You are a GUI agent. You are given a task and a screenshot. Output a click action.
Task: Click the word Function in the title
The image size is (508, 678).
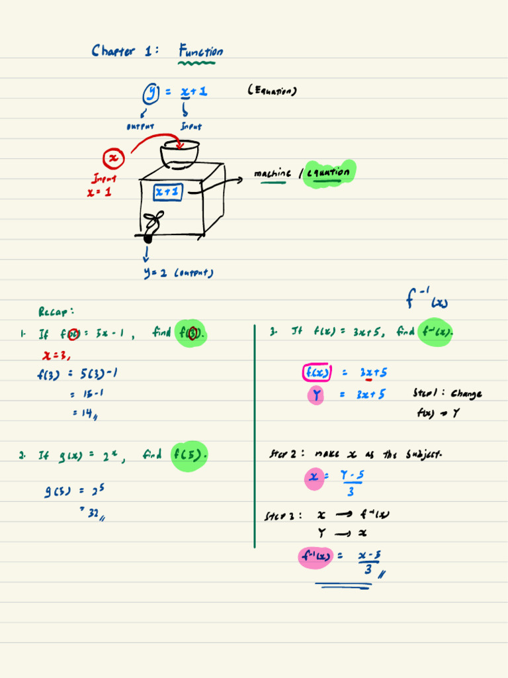point(200,51)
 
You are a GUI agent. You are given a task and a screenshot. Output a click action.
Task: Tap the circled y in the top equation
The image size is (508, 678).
point(151,93)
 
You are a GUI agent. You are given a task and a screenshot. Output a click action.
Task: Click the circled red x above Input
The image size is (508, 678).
point(114,158)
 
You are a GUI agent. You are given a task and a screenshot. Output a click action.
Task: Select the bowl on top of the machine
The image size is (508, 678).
point(179,155)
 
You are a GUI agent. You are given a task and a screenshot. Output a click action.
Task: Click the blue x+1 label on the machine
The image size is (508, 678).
point(168,192)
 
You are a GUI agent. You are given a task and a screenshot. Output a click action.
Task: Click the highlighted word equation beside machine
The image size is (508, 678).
point(328,173)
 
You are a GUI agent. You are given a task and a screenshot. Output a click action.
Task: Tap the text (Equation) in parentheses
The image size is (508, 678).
point(272,91)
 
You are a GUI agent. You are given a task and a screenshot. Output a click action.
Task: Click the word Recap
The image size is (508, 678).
point(56,311)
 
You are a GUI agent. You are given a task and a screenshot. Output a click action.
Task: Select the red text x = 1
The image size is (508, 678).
point(99,193)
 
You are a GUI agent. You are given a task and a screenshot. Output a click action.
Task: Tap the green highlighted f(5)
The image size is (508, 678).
point(190,455)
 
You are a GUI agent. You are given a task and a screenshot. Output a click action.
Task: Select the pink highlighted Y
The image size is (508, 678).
point(316,395)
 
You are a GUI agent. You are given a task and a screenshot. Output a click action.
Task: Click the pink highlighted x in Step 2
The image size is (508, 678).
point(314,476)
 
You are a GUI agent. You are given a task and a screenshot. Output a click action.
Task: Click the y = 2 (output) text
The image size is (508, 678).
point(178,272)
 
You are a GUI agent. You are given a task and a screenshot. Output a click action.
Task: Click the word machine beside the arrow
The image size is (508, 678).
point(272,173)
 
